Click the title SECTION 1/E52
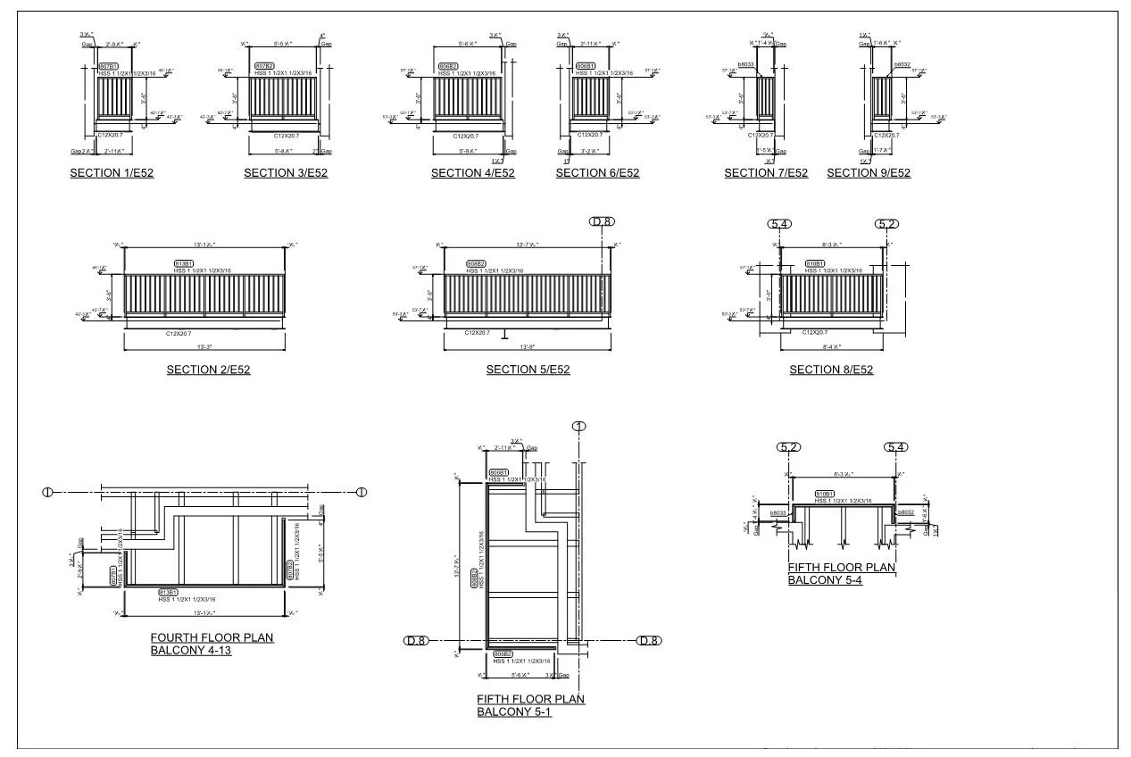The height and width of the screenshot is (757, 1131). click(112, 173)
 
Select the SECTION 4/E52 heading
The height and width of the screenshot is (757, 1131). click(473, 173)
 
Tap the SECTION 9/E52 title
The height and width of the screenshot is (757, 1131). click(869, 173)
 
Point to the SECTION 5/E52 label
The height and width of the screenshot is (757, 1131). click(528, 370)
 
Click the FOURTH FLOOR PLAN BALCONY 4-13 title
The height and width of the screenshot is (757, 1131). click(212, 644)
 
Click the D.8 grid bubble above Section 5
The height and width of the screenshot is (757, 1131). click(602, 221)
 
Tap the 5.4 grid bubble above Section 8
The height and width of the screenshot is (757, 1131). click(780, 223)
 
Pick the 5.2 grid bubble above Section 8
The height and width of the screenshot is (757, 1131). click(886, 223)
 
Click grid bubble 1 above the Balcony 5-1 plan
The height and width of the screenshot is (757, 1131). click(579, 427)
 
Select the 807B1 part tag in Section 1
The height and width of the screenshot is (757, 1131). click(108, 67)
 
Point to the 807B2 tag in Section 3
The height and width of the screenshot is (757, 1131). click(264, 67)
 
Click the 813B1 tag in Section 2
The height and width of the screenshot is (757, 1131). click(184, 264)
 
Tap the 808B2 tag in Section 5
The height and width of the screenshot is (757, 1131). click(476, 264)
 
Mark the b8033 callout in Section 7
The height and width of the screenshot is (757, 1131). click(746, 65)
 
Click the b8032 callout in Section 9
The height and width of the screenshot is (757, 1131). click(902, 65)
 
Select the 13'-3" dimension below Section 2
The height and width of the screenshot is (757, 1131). click(204, 346)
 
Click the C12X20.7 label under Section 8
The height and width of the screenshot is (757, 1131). click(815, 332)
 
